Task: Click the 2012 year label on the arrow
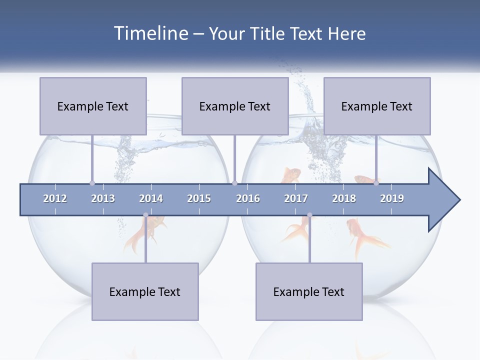point(55,198)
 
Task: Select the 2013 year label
point(103,198)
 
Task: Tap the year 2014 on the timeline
point(151,198)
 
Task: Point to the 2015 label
point(199,198)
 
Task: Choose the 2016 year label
point(248,198)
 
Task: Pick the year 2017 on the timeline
point(296,198)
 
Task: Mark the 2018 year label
point(344,198)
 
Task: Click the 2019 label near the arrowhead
point(392,198)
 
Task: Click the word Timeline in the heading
point(150,33)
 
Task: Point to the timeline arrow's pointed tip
point(458,200)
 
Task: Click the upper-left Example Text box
point(93,106)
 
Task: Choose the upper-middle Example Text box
point(235,106)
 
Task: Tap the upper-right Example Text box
point(377,106)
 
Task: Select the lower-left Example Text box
point(145,291)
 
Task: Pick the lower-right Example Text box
point(309,291)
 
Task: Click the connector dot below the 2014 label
point(145,215)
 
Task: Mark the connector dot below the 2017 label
point(309,215)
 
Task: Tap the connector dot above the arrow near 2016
point(234,183)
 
